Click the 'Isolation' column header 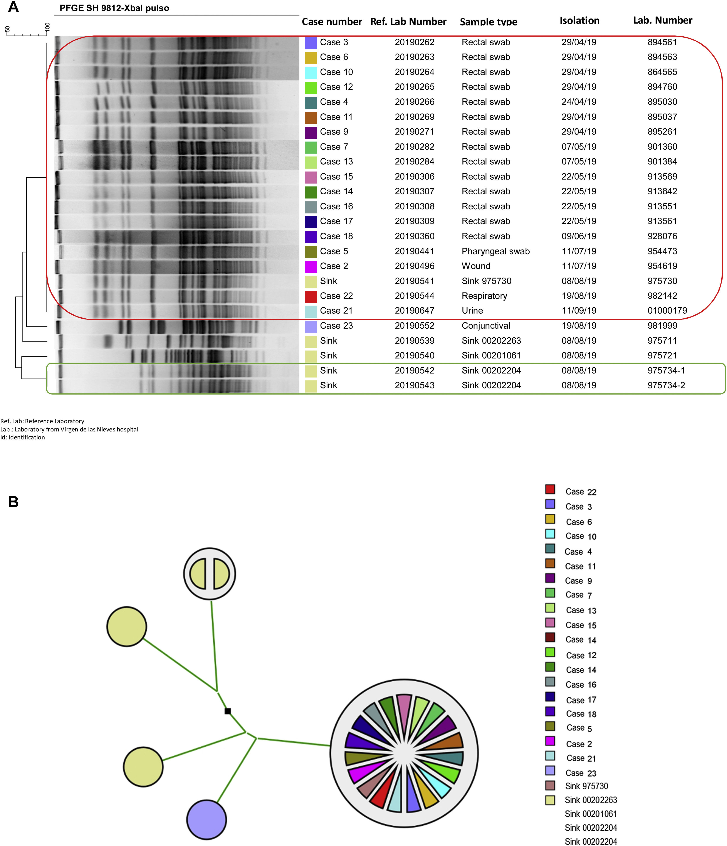tap(579, 20)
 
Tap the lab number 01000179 tap(667, 311)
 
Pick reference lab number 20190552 tap(414, 326)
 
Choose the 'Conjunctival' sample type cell tap(486, 326)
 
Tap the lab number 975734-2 tap(666, 385)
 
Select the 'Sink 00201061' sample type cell tap(491, 356)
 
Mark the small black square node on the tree tap(228, 711)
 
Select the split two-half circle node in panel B tap(209, 574)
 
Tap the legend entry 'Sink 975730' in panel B tap(586, 786)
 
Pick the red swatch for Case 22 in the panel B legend tap(550, 489)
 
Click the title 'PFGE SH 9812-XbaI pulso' tap(114, 8)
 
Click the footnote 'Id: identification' tap(23, 437)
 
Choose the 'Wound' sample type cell tap(476, 266)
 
